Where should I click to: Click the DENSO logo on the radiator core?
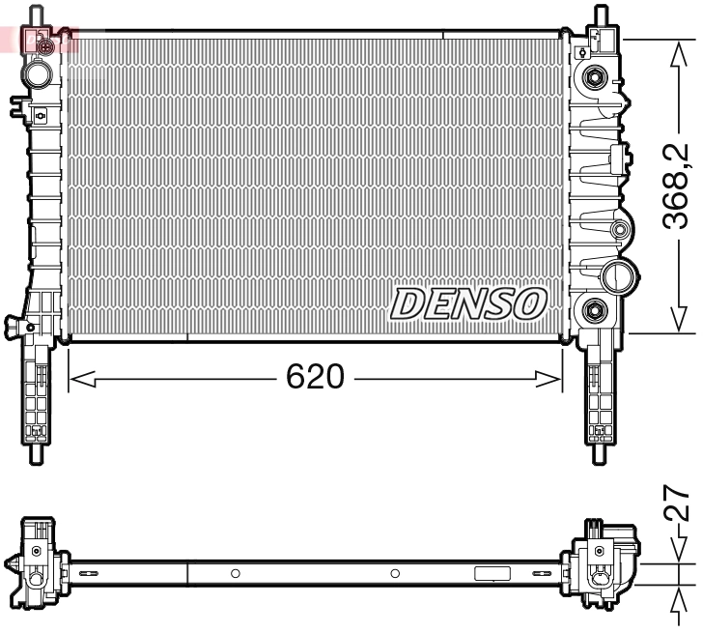tap(468, 303)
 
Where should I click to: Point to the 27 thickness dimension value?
tap(679, 504)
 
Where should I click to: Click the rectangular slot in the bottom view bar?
tap(492, 573)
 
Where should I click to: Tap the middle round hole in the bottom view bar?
tap(394, 573)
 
